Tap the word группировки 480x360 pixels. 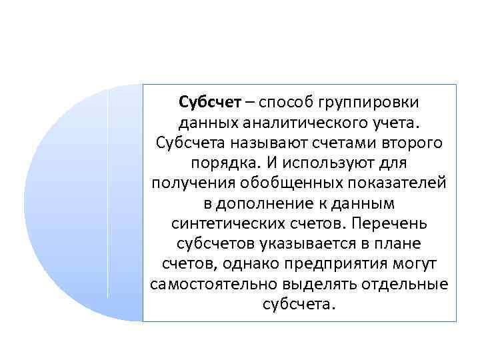tap(372, 104)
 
